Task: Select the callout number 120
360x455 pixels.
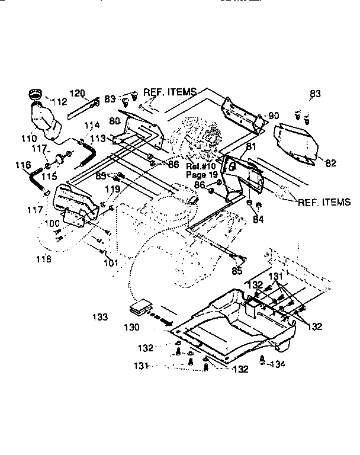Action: point(78,94)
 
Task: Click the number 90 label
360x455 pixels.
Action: point(274,115)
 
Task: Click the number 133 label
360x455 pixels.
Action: point(100,318)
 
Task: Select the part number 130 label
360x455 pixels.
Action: point(132,327)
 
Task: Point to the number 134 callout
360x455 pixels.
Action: point(277,364)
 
